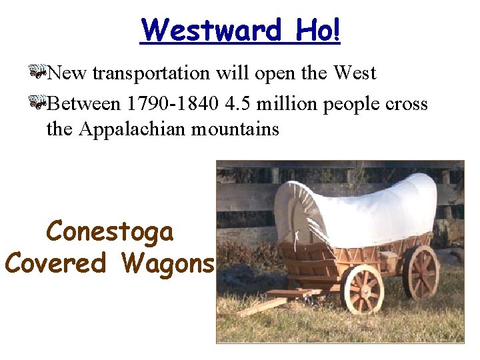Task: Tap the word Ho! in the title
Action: coord(317,30)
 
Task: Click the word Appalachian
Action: coord(133,128)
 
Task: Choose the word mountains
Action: coord(235,128)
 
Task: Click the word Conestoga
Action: coord(109,232)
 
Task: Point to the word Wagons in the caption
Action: coord(168,263)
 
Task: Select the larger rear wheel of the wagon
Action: coord(421,273)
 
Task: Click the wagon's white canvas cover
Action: coord(360,207)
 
